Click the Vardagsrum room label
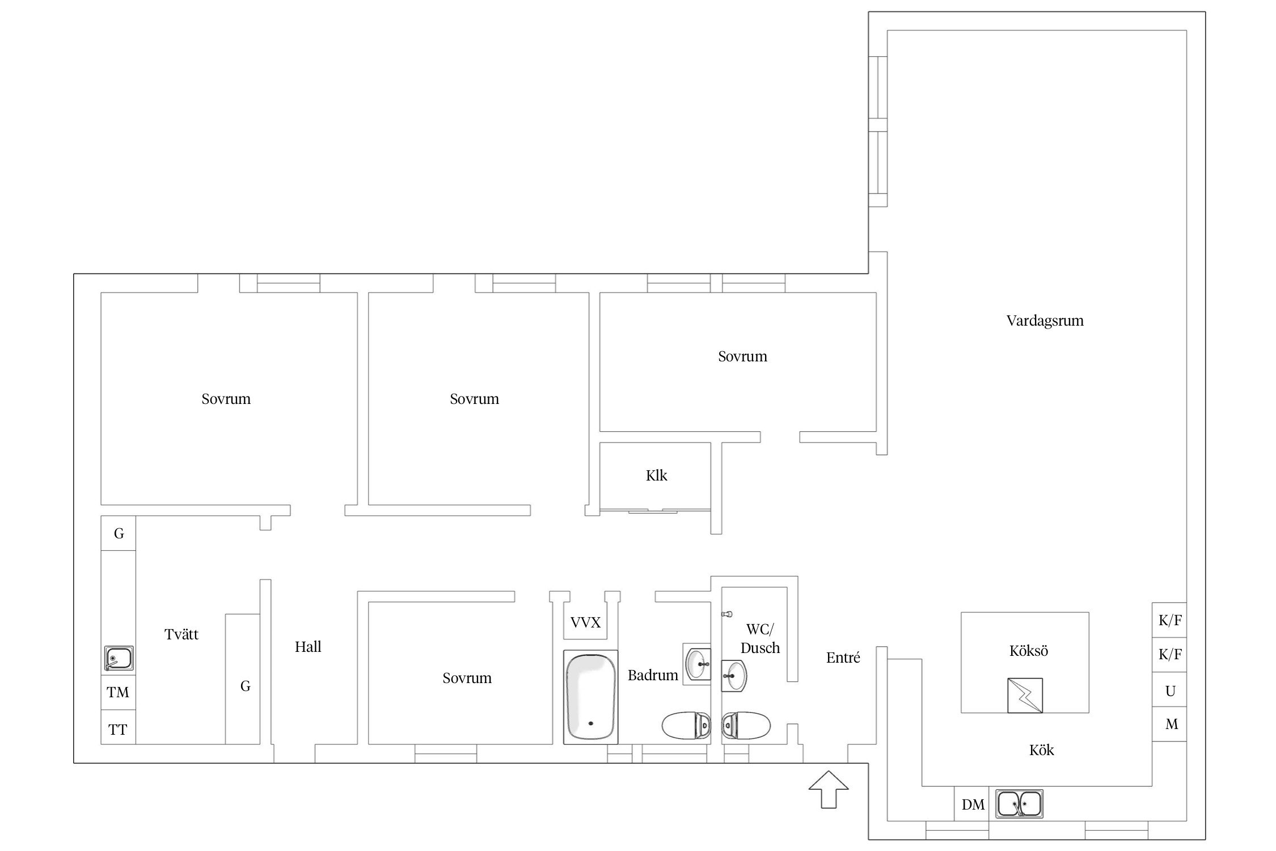(1045, 321)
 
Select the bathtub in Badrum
(590, 697)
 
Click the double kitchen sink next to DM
(1019, 804)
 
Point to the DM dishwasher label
(973, 804)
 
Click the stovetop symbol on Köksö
(1025, 696)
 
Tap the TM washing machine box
(118, 692)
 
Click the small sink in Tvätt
(119, 658)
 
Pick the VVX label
(585, 623)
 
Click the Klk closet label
(656, 475)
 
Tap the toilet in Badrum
(686, 726)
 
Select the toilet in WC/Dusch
(746, 725)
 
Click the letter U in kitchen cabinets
(1170, 691)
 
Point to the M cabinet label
(1172, 724)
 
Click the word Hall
(308, 647)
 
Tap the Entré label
(843, 658)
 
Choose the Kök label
(1041, 750)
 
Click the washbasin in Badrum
(697, 664)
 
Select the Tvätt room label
(181, 634)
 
